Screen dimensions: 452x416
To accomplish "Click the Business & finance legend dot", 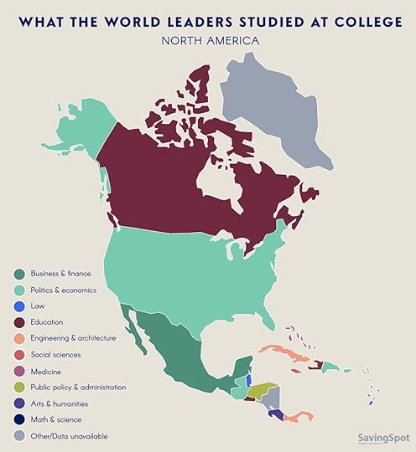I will (x=18, y=274).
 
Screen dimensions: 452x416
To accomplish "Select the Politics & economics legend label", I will (x=64, y=290).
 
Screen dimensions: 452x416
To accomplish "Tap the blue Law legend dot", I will (x=18, y=306).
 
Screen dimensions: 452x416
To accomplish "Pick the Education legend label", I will (x=46, y=321).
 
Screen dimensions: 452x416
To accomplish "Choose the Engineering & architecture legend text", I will (x=73, y=338).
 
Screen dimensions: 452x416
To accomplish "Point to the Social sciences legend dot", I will (x=18, y=354).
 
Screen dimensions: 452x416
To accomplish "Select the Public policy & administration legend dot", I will (x=18, y=387).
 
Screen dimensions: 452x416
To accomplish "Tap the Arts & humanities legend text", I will (x=59, y=403).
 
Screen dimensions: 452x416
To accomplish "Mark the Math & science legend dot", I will (x=18, y=419).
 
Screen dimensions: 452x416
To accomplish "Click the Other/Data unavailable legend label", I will (x=69, y=436).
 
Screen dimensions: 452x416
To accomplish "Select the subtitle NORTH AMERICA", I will (x=207, y=39).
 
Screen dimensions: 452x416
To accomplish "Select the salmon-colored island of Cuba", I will (x=285, y=352).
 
